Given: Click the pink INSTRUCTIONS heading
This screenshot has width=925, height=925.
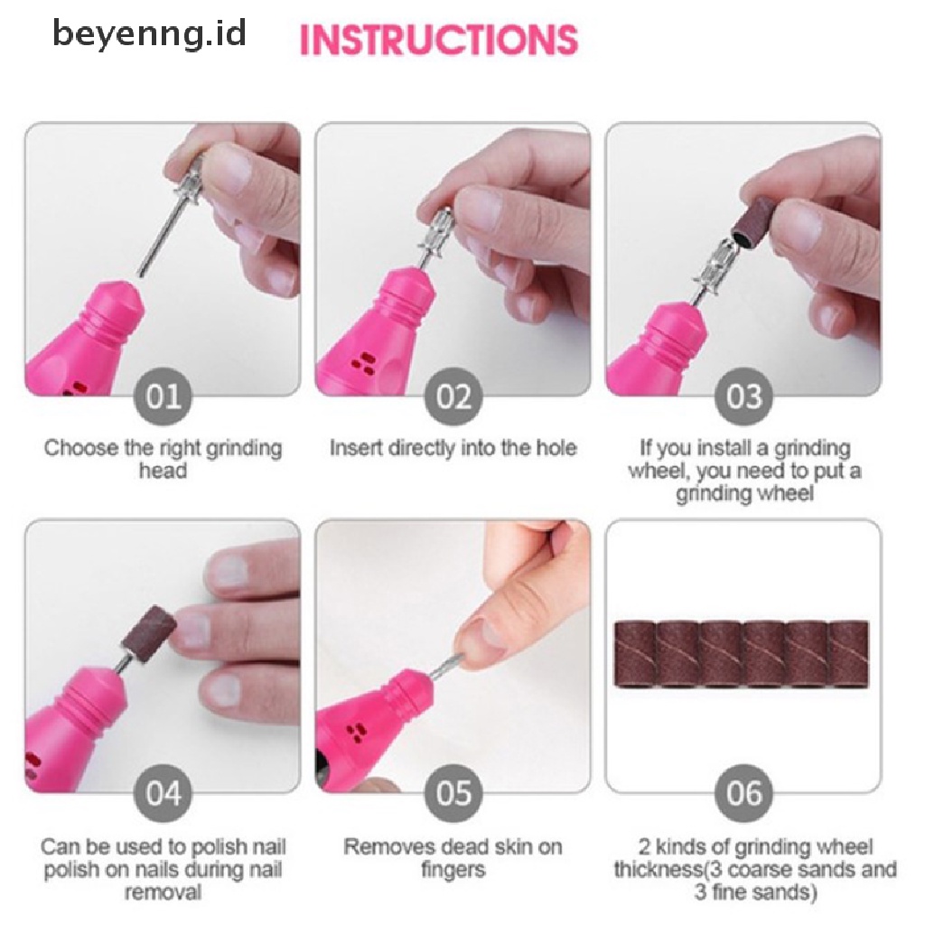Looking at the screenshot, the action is tap(440, 40).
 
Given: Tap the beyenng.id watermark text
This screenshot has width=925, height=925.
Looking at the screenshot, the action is tap(149, 33).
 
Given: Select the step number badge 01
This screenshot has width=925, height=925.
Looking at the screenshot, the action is tap(164, 396).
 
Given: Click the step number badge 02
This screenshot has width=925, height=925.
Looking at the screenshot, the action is tap(453, 396).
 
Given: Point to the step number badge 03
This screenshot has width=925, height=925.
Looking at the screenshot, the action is tap(744, 396).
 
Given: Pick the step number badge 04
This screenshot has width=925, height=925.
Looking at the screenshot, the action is tap(164, 793).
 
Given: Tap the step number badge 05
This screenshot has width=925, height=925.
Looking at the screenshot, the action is tap(453, 793).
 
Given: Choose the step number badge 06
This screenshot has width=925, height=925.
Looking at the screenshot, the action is tap(744, 793).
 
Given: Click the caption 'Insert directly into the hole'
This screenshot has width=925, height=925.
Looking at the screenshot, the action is tap(453, 448).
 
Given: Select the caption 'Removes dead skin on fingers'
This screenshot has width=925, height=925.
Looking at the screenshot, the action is tap(453, 858).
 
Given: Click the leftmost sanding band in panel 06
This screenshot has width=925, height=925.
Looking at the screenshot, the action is tap(635, 654).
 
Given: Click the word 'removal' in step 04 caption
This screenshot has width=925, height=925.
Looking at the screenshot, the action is tap(163, 892).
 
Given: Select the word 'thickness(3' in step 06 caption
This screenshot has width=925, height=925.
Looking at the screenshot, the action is tap(662, 870).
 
